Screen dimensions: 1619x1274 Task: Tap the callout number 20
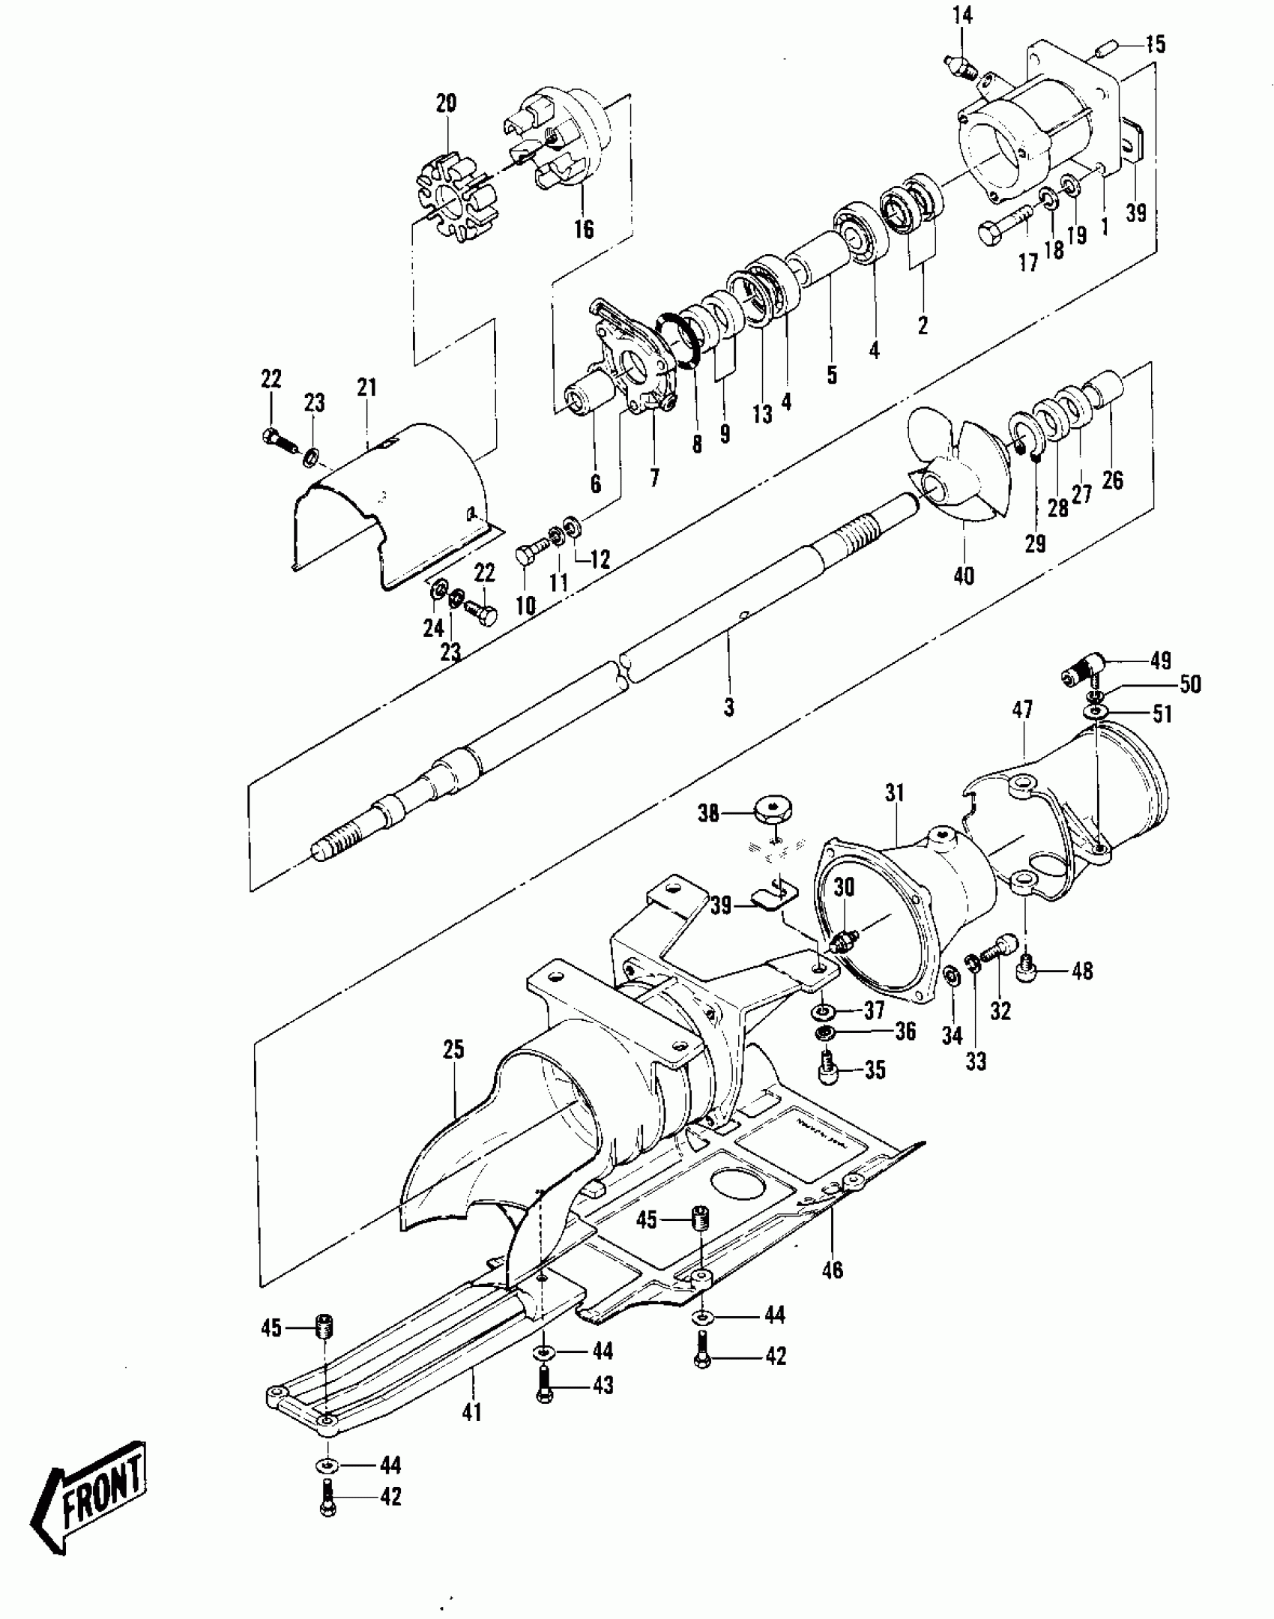tap(446, 103)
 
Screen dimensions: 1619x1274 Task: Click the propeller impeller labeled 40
tap(955, 468)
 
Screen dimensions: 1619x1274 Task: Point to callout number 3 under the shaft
tap(729, 706)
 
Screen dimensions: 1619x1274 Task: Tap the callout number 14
tap(963, 15)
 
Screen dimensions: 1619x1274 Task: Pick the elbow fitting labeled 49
tap(1081, 666)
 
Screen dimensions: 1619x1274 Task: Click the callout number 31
tap(895, 793)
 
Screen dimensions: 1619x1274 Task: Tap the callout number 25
tap(454, 1049)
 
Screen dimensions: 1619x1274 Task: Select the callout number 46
tap(833, 1270)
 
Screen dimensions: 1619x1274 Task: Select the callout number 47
tap(1022, 709)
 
